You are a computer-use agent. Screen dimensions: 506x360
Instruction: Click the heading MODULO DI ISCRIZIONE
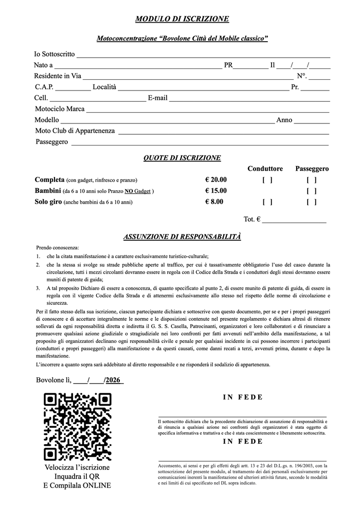182,19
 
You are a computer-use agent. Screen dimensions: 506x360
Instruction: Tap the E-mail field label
157,98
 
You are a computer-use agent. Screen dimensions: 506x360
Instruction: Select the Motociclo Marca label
60,109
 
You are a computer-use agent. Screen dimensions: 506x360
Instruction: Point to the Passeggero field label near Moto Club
52,142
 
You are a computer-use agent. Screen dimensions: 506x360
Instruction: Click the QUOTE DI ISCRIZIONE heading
182,158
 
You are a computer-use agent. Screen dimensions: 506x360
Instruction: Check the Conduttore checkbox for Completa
267,180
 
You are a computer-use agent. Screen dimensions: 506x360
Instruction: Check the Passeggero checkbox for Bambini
311,191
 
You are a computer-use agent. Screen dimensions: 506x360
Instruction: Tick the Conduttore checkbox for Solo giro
267,202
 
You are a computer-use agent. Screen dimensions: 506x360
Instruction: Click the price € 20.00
215,180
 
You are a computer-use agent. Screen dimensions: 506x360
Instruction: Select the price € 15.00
215,191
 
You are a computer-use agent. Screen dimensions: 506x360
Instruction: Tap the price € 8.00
214,202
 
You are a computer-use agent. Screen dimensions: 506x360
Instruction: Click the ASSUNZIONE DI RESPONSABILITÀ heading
182,237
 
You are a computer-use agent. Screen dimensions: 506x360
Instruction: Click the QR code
78,426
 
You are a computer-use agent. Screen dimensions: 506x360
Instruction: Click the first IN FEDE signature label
243,397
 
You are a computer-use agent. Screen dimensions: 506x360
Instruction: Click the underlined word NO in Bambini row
130,191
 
